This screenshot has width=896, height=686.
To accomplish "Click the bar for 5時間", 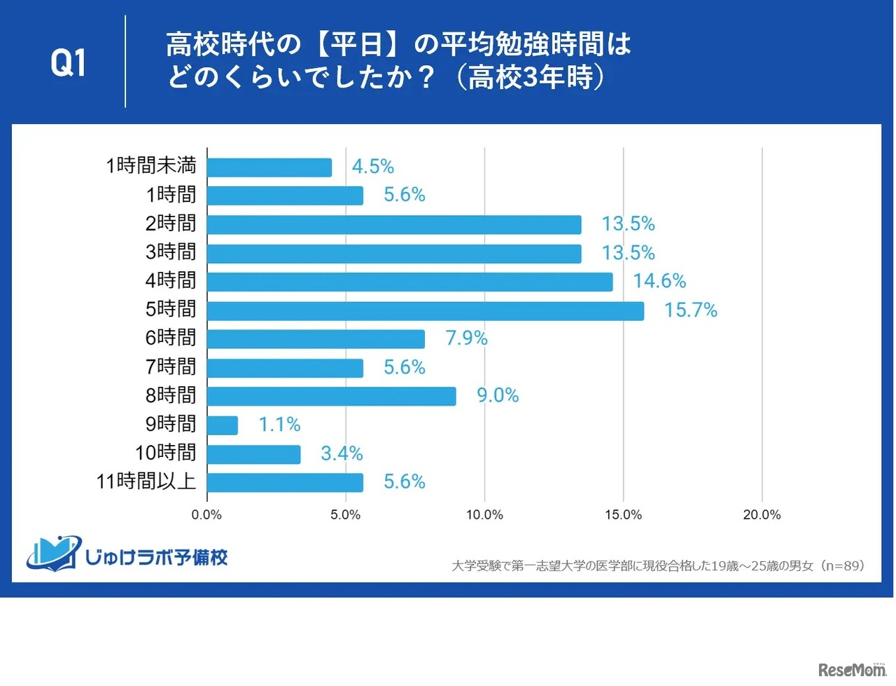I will [x=426, y=310].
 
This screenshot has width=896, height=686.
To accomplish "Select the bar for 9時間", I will [x=223, y=425].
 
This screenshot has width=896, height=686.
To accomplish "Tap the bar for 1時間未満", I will [x=269, y=167].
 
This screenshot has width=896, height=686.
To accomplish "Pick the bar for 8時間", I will [x=332, y=397].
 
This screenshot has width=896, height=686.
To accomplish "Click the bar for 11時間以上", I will [x=286, y=483].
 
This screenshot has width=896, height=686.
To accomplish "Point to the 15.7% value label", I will [x=690, y=310].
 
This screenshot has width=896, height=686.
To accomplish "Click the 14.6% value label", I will [x=659, y=282].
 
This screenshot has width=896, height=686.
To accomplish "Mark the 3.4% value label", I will [x=342, y=454].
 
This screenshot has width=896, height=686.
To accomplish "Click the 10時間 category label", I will [x=166, y=453].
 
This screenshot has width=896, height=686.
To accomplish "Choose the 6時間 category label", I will [x=171, y=338].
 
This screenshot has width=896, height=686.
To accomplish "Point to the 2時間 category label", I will [x=171, y=224].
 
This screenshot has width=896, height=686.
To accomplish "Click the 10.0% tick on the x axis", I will [x=484, y=515].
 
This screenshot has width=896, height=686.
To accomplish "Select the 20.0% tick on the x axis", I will [x=762, y=515].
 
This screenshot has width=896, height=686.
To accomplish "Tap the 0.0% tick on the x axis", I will [x=206, y=515].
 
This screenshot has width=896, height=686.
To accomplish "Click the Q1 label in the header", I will [x=69, y=63].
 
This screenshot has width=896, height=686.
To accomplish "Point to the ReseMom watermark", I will [x=852, y=670].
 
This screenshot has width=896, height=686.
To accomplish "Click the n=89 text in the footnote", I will [x=843, y=565].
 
